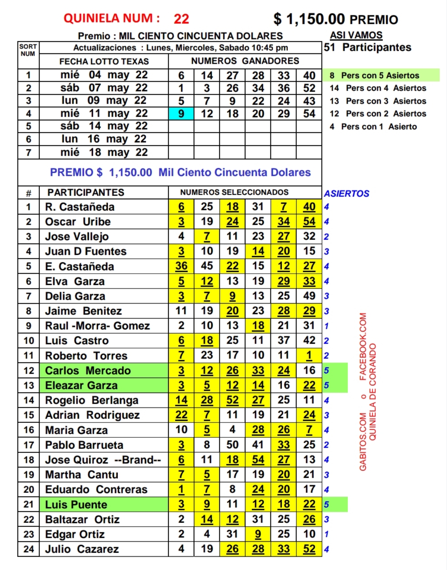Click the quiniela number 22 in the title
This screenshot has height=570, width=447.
(181, 19)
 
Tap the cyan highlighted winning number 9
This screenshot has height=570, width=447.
(181, 113)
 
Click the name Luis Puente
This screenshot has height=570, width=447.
(76, 505)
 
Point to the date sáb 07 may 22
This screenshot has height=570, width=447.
(104, 88)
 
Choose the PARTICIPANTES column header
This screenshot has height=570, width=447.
(86, 193)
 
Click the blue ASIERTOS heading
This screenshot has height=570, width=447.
(347, 194)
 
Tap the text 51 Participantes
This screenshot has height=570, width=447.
(368, 48)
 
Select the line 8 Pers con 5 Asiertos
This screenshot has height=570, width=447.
(380, 75)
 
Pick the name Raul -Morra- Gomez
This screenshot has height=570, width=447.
(97, 326)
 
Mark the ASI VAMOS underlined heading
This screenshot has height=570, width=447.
(356, 35)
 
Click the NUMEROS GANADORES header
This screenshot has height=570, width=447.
(245, 61)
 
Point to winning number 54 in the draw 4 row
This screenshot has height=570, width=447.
(309, 113)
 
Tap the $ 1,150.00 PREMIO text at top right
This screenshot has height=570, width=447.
(335, 19)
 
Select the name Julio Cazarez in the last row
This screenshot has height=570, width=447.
(82, 549)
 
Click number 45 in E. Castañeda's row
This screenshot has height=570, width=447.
(207, 266)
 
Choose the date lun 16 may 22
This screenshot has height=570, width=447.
(104, 139)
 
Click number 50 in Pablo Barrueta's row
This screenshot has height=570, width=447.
(232, 445)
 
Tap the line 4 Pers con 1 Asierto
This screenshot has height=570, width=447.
(373, 126)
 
